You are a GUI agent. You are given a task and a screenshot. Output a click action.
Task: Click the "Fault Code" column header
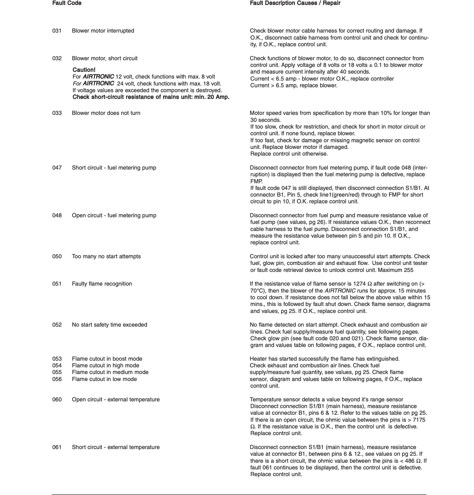tap(67, 3)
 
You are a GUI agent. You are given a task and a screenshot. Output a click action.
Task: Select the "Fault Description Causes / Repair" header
tap(295, 3)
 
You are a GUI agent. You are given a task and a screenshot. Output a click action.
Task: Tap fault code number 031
tap(57, 31)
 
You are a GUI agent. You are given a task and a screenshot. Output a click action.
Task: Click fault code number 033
tap(57, 113)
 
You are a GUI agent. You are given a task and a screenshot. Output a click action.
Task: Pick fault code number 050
tap(57, 257)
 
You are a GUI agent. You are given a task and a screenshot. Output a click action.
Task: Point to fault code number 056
tap(57, 379)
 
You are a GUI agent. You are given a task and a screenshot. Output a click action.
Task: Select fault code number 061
tap(57, 447)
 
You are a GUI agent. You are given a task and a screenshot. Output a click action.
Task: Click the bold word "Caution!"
tap(84, 70)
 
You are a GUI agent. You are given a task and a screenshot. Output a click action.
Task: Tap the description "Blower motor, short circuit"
tap(105, 58)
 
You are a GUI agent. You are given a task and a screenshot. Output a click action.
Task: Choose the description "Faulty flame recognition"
tap(102, 284)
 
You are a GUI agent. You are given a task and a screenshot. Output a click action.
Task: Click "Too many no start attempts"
tap(106, 257)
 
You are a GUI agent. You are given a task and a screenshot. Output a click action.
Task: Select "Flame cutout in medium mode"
tap(110, 372)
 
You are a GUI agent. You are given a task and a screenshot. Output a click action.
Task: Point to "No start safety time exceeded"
tap(109, 325)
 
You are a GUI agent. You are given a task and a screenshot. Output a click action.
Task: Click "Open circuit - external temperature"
tap(116, 400)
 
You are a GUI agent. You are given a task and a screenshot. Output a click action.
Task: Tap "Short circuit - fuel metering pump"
tap(114, 168)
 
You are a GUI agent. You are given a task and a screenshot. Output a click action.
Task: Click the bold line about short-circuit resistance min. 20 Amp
tap(151, 97)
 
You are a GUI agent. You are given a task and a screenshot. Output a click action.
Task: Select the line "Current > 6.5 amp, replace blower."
tap(294, 86)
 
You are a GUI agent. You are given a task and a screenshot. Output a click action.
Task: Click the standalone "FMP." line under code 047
tap(256, 181)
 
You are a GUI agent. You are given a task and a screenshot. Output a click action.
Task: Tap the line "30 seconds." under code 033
tap(265, 120)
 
